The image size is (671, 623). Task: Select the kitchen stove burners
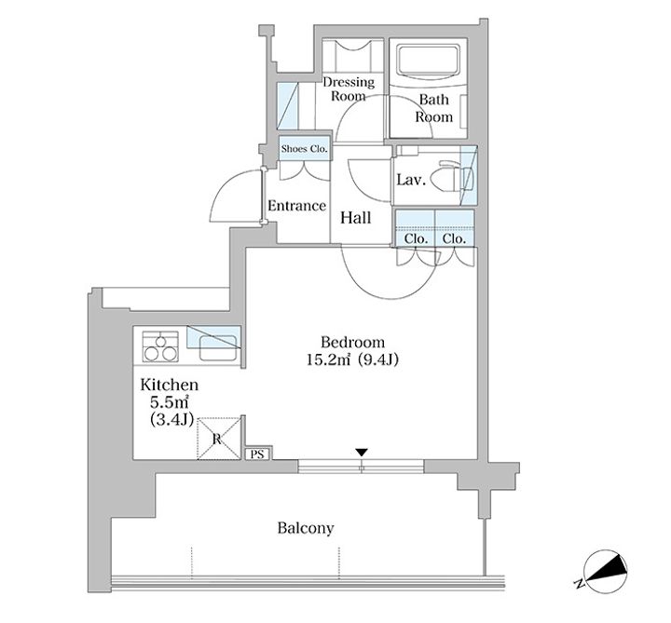[x=160, y=346]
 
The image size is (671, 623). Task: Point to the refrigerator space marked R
[x=219, y=439]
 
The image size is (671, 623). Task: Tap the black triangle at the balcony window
[x=362, y=453]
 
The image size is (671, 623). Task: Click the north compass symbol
[x=605, y=571]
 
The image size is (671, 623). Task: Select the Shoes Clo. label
[x=304, y=149]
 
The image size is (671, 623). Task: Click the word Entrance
[x=297, y=206]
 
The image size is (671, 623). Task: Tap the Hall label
[x=356, y=218]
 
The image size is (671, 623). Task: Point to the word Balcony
[x=306, y=528]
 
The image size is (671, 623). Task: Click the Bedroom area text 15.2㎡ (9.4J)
[x=352, y=360]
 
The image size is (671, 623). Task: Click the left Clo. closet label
[x=416, y=238]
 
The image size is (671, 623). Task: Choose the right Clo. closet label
[x=454, y=238]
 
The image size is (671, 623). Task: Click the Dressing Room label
[x=349, y=88]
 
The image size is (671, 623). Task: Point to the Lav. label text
[x=411, y=180]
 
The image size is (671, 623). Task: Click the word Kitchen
[x=170, y=385]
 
